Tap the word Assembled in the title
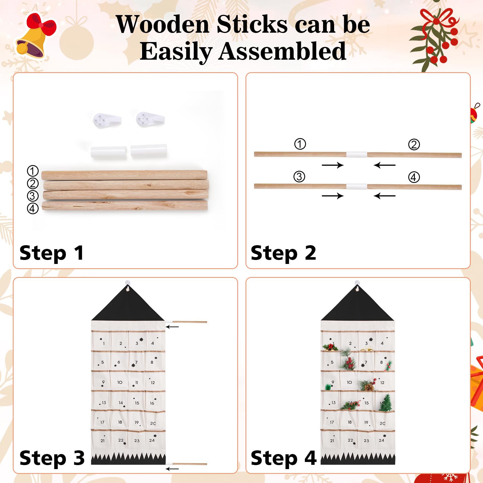point(282,51)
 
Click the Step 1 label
point(52,253)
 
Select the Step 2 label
point(283,253)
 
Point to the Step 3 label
point(52,458)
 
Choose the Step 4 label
point(284,458)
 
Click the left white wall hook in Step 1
point(107,120)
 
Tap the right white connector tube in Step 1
point(149,151)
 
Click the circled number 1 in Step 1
point(33,171)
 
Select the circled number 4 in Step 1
point(33,208)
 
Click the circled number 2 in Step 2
point(414,144)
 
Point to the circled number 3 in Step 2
point(299,176)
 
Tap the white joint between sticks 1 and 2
point(357,155)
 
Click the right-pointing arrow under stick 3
point(333,196)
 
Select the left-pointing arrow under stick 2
point(384,165)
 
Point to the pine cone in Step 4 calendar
point(369,387)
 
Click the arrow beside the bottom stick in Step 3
point(172,469)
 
